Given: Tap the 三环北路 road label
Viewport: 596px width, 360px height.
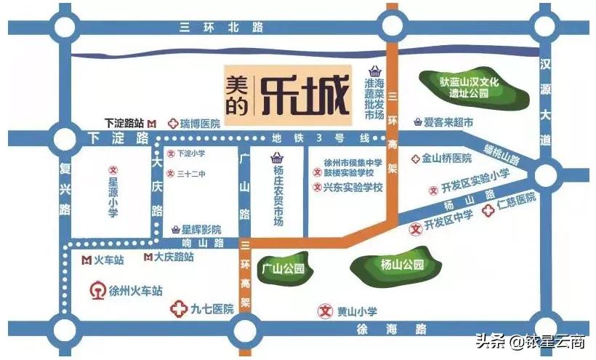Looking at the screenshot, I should [212, 28].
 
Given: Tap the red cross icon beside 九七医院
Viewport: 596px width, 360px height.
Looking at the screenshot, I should [178, 309].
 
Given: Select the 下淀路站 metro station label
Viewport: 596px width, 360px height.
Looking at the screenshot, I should [124, 124].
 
